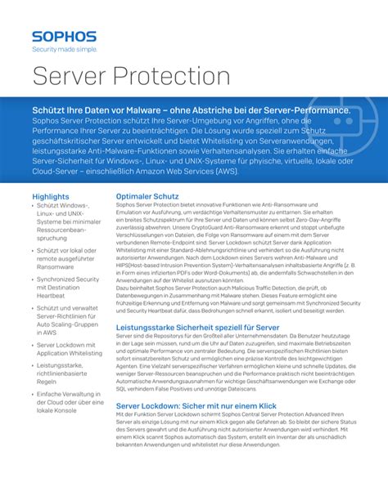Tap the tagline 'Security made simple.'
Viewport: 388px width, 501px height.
pos(64,49)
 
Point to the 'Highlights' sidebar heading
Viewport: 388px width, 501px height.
pos(50,197)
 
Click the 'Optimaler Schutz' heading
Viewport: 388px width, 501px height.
pos(147,197)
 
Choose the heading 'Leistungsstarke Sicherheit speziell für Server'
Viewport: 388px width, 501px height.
pos(198,327)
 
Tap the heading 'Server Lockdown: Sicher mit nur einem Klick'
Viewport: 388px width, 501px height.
pos(196,406)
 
